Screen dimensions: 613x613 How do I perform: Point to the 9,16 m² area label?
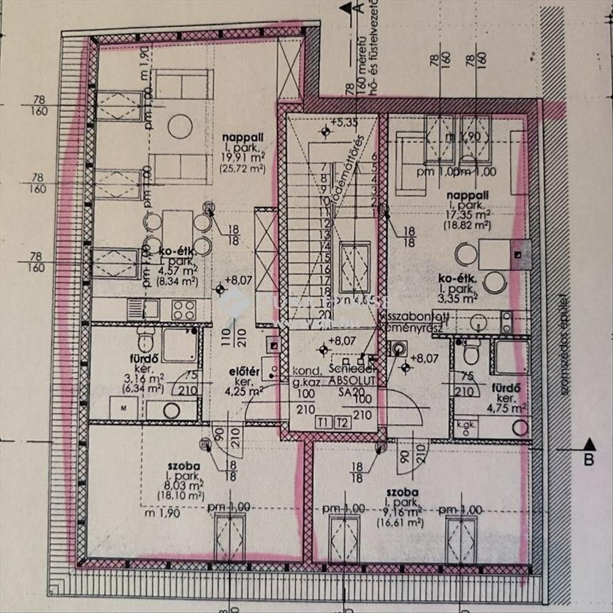[x=402, y=512]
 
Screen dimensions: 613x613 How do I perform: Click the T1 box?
[x=324, y=422]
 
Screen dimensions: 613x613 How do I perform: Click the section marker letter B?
[x=589, y=459]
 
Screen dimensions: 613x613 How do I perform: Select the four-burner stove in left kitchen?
[x=183, y=310]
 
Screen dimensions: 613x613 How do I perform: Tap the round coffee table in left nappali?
[x=180, y=126]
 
